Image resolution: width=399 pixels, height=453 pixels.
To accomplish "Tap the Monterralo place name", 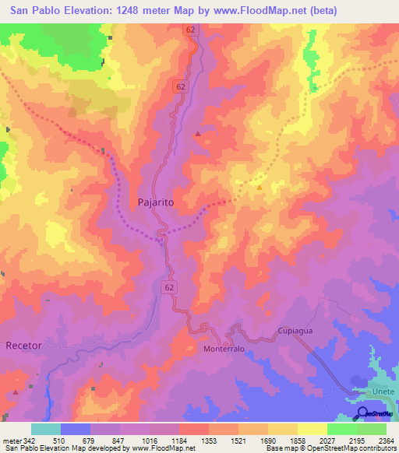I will coord(224,349).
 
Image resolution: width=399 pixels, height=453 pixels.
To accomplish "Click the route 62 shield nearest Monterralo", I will coord(169,287).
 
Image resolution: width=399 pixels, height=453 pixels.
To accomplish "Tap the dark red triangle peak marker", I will coord(198,134).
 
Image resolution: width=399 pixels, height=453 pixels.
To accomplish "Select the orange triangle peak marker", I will coord(260,186).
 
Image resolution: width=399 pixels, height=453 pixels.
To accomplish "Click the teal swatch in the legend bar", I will coord(46,429).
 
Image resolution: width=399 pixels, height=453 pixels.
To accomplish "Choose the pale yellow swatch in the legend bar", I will coord(312,429).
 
